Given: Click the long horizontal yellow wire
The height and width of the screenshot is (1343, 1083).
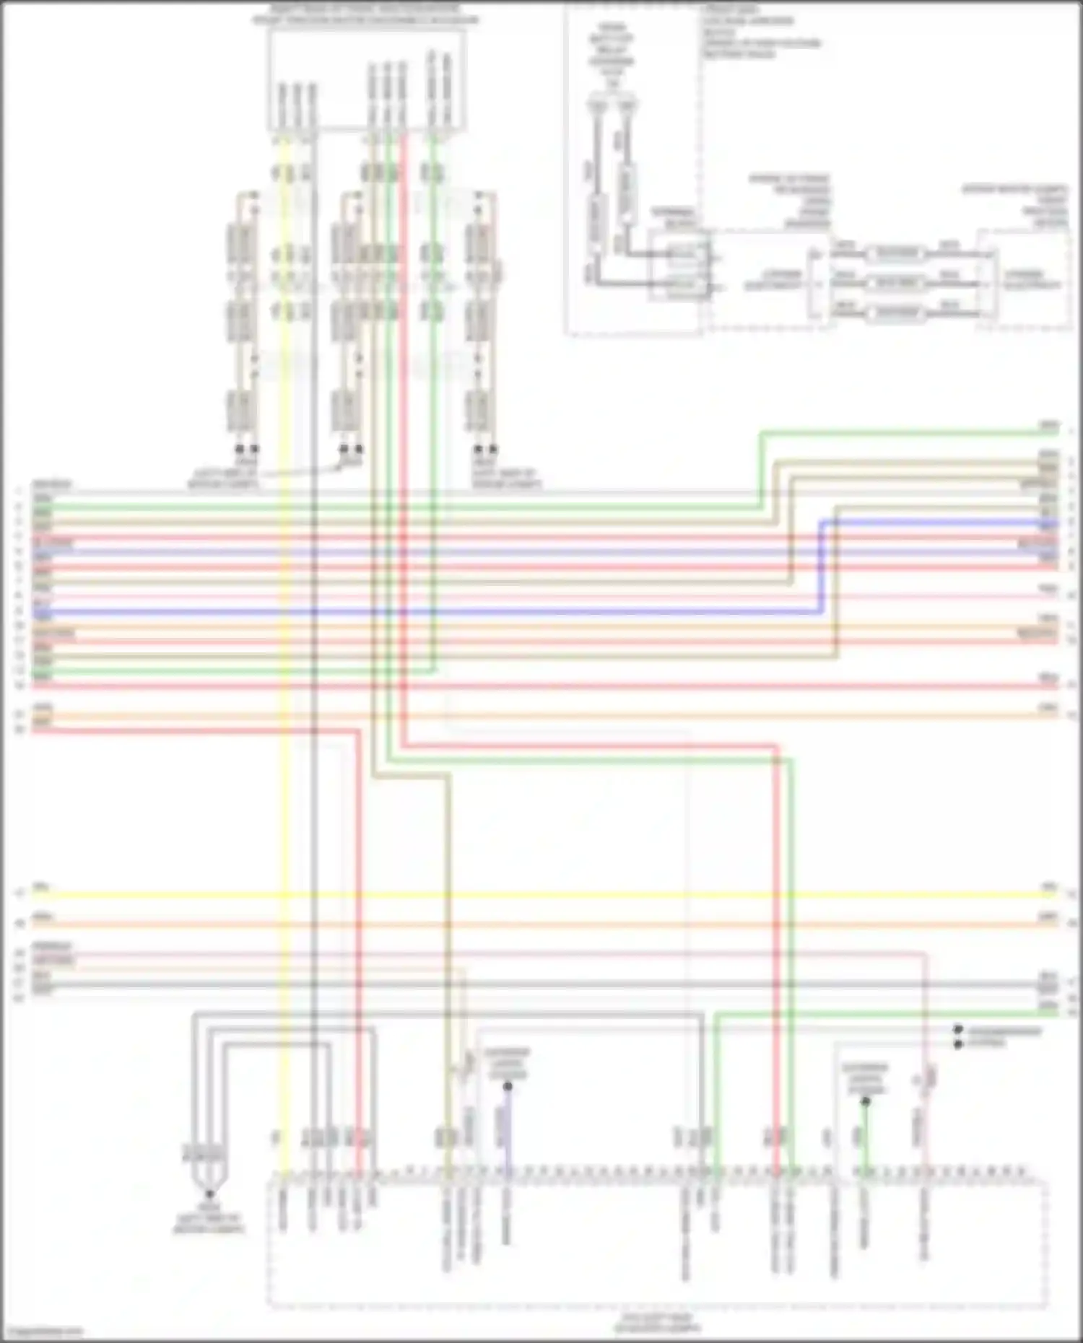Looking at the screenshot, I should pos(541,895).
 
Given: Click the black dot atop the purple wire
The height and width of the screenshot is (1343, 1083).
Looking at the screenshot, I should pos(508,1086).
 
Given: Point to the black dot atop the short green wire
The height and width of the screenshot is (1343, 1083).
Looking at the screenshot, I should pos(866,1101).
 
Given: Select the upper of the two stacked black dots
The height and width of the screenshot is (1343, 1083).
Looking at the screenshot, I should pos(958,1030).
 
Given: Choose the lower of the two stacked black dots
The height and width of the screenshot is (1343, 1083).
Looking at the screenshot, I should pos(958,1044).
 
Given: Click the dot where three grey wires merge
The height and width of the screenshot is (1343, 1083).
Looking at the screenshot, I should pos(209,1194).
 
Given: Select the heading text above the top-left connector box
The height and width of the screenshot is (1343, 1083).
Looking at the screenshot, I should pos(365,14).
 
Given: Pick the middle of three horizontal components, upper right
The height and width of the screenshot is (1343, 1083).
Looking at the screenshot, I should pos(895,283).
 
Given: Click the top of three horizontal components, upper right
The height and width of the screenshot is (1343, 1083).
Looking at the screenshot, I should pos(895,253).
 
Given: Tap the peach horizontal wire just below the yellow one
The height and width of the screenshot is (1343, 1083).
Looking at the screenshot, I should pos(541,924).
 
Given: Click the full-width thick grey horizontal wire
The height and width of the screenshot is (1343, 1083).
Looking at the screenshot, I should pos(541,984).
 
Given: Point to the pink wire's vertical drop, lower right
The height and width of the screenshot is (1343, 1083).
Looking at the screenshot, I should pos(926,1010).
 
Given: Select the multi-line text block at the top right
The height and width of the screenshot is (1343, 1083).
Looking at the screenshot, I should pos(762,32).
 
